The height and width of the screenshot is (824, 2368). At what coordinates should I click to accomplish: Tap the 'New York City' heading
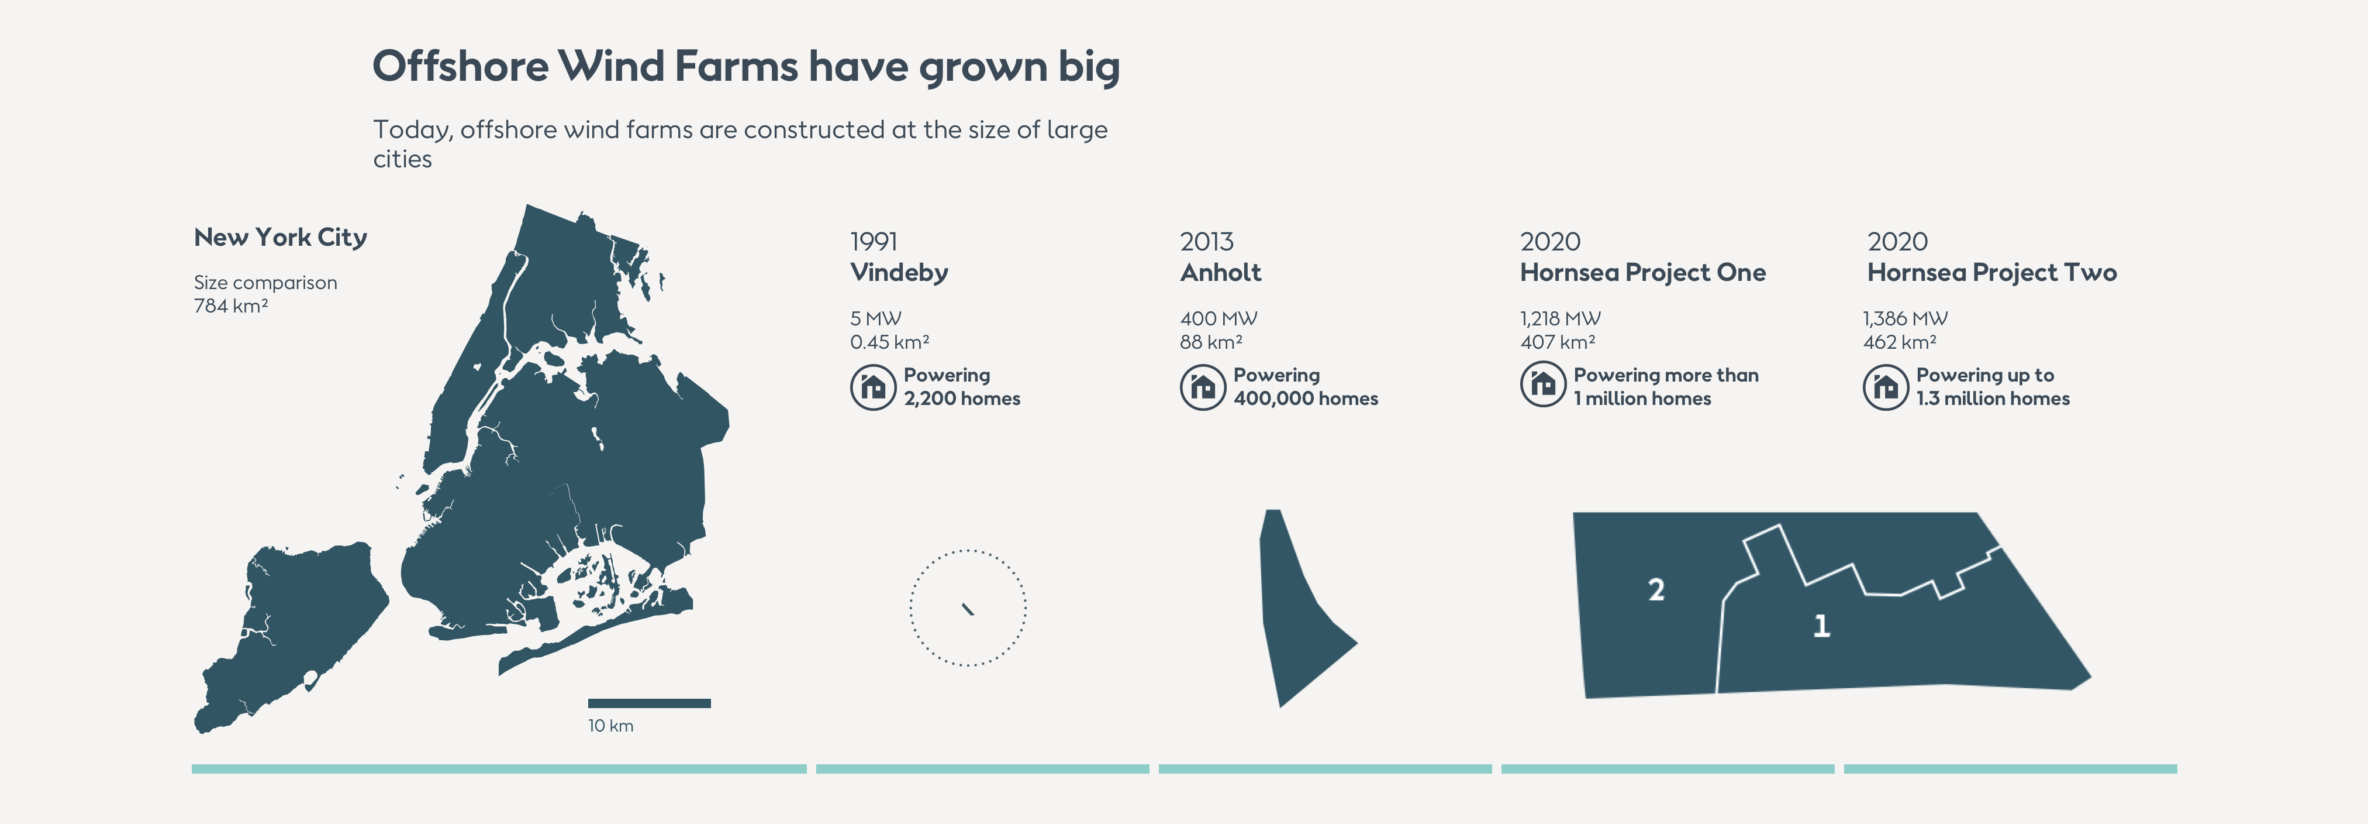click(x=281, y=237)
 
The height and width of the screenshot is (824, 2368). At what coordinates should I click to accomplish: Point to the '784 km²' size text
click(x=231, y=305)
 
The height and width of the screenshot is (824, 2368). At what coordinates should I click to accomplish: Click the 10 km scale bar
click(x=649, y=703)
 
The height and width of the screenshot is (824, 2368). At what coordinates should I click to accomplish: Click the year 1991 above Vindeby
click(x=874, y=242)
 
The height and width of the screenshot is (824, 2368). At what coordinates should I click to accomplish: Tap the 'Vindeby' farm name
click(x=899, y=272)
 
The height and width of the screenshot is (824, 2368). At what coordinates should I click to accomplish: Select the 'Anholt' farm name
click(x=1221, y=272)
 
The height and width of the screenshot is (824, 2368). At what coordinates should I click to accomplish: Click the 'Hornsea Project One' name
click(x=1643, y=272)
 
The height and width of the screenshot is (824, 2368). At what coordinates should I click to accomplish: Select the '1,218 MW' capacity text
click(x=1560, y=318)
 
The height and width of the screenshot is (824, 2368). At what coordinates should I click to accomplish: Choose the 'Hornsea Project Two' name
click(x=1992, y=272)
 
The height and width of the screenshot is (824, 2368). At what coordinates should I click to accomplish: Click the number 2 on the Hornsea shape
click(x=1656, y=589)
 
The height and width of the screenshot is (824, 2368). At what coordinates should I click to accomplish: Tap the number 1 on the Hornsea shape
click(x=1822, y=626)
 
